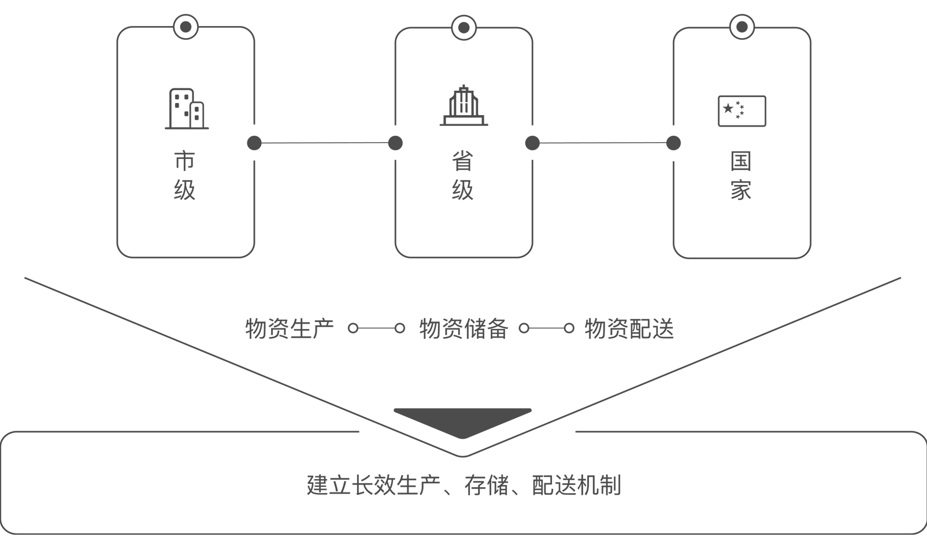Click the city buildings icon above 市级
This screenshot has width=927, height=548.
pos(187,109)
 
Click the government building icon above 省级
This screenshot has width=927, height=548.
pos(464,105)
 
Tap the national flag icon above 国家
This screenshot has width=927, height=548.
pos(742,111)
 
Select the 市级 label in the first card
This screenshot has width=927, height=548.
pos(184,176)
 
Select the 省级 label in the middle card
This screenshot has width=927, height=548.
pos(463,176)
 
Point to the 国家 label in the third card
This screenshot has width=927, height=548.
pos(741,176)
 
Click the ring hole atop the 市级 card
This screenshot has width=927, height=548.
pos(186,27)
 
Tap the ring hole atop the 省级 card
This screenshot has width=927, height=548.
pos(464,28)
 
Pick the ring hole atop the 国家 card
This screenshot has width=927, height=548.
pos(742,27)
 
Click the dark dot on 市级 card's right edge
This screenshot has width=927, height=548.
pos(254,143)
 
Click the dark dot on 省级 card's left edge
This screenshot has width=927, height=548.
pos(395,143)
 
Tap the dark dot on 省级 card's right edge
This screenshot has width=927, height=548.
pos(532,143)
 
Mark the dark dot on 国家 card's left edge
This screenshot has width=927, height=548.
pos(673,143)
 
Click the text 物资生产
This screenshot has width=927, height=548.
pos(290,329)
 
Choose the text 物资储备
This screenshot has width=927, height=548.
pos(464,329)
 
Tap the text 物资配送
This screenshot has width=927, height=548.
pos(629,329)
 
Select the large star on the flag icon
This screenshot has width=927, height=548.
pos(728,109)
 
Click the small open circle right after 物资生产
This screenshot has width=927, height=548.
pos(353,328)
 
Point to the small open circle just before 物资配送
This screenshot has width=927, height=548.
pos(569,328)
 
